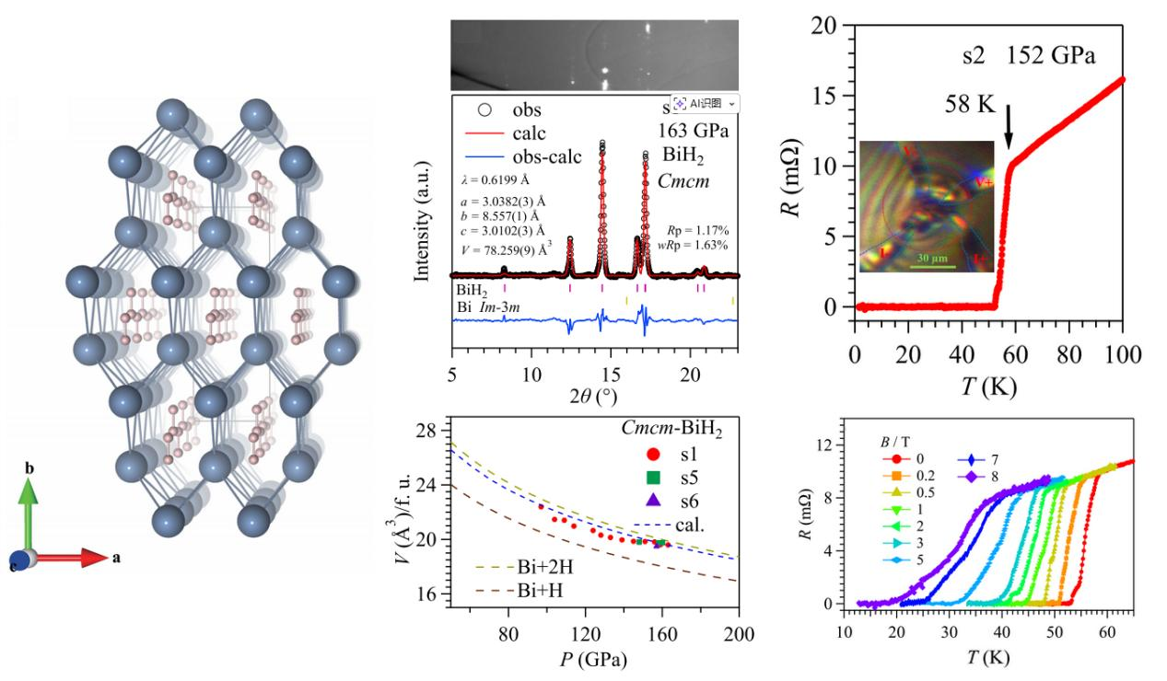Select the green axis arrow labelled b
pyautogui.click(x=30, y=512)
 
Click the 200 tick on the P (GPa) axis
pyautogui.click(x=739, y=634)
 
